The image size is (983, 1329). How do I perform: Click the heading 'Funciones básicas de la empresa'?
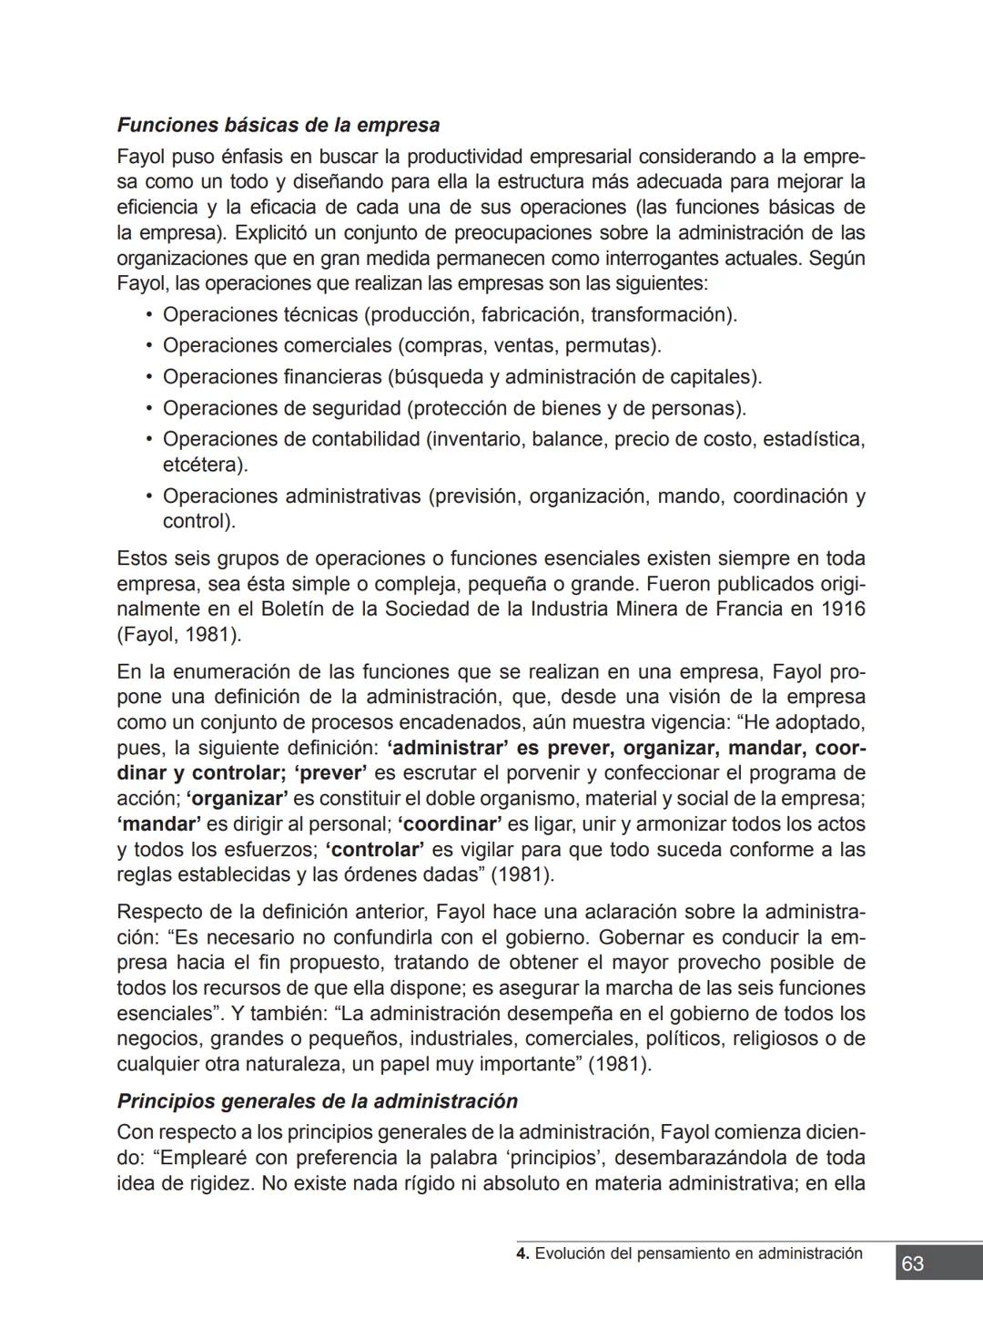point(278,125)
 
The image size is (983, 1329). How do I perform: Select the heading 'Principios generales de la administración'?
point(317,1100)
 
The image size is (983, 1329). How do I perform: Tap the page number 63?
point(912,1263)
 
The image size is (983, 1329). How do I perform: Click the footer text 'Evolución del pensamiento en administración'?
point(698,1253)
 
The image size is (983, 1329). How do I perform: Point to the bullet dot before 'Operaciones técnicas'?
point(147,315)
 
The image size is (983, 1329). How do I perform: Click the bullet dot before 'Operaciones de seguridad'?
point(147,408)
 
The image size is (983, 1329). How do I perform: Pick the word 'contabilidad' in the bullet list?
point(365,439)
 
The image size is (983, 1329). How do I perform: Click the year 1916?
point(842,609)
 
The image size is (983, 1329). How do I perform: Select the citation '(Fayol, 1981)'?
point(178,635)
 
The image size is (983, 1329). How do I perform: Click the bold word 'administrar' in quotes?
point(446,749)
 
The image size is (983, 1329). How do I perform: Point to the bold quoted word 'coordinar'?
point(450,824)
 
